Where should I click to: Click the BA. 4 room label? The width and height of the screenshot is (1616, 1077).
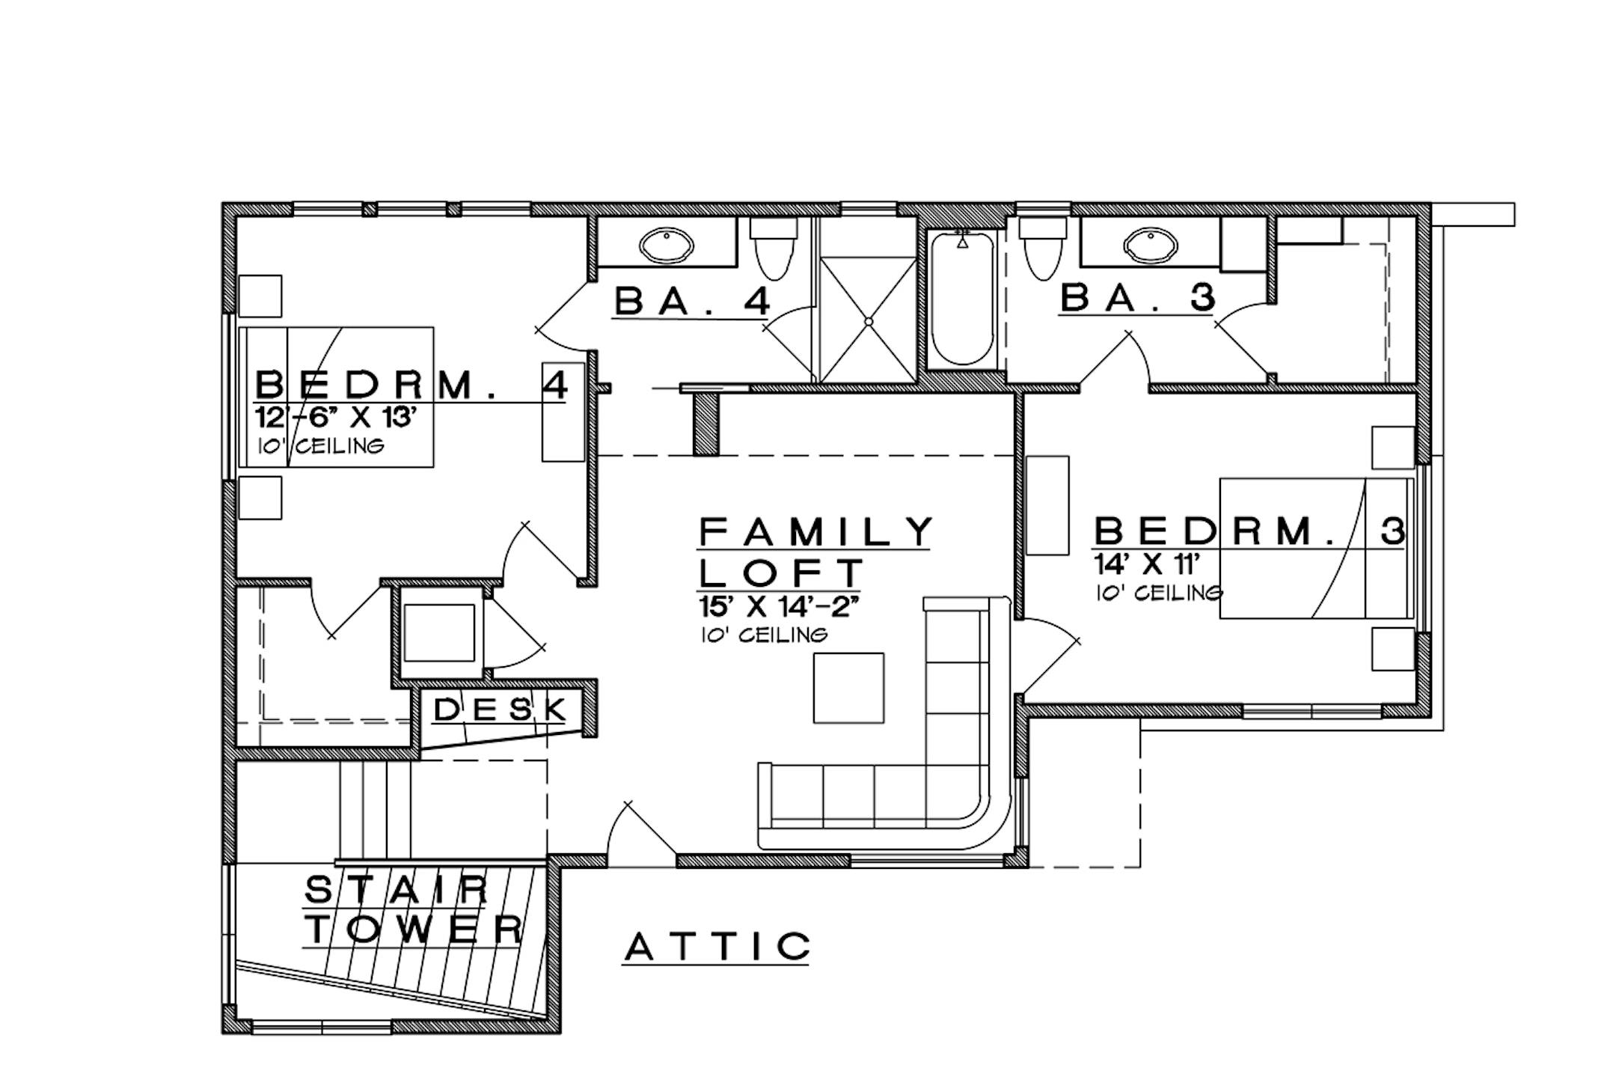[x=693, y=302]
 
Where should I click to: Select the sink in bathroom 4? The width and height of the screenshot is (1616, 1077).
[x=666, y=245]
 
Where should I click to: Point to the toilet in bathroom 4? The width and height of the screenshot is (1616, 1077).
[x=771, y=248]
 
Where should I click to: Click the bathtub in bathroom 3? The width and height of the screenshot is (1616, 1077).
[x=963, y=299]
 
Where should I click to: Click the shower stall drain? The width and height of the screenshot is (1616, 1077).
[x=869, y=321]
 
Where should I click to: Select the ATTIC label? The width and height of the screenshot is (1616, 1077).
[x=717, y=947]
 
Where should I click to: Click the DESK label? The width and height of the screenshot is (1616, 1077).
[x=500, y=709]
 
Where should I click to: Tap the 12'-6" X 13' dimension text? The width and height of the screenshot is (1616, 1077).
[x=335, y=418]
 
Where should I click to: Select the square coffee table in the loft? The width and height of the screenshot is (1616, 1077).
[x=848, y=688]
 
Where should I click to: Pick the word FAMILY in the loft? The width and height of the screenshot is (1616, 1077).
[x=816, y=532]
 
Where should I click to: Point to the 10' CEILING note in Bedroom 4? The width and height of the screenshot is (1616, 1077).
[x=321, y=447]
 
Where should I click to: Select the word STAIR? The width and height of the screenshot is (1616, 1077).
[x=397, y=891]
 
